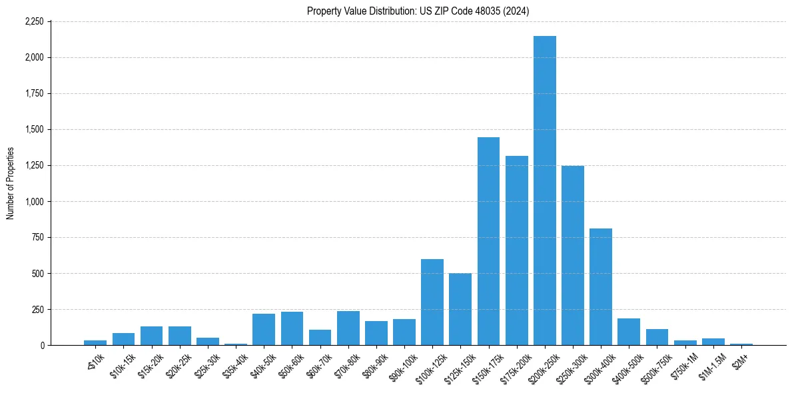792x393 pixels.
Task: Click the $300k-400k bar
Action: pyautogui.click(x=601, y=286)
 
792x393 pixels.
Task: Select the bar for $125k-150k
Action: pyautogui.click(x=460, y=309)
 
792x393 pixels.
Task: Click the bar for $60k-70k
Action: pyautogui.click(x=320, y=337)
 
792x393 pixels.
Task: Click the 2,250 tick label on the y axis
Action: pyautogui.click(x=33, y=21)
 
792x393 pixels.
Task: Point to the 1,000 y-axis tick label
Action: pyautogui.click(x=33, y=201)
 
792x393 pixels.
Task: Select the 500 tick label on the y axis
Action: pyautogui.click(x=37, y=273)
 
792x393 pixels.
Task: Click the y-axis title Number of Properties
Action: pyautogui.click(x=10, y=183)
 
